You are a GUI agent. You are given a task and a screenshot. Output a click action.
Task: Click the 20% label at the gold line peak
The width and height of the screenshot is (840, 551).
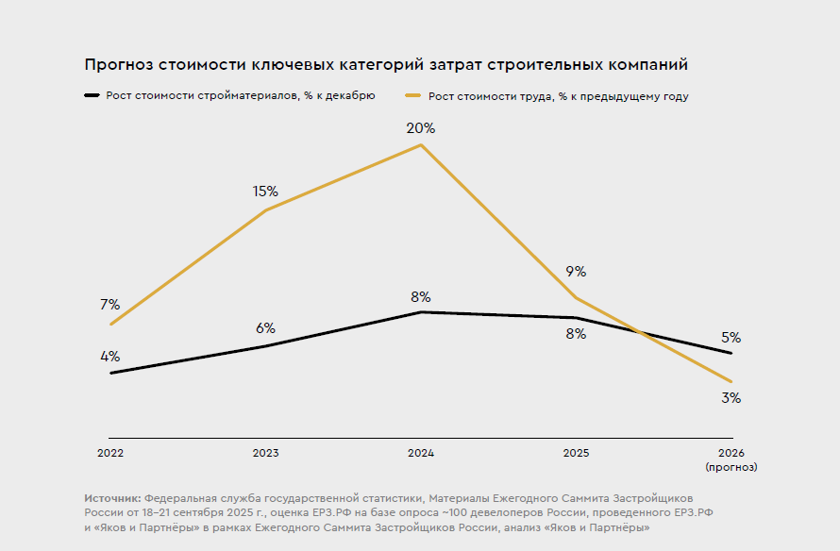(x=421, y=128)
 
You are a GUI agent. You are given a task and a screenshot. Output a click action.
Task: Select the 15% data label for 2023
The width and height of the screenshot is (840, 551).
(x=265, y=192)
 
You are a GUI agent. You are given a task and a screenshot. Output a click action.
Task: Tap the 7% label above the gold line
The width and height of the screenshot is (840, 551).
(x=109, y=305)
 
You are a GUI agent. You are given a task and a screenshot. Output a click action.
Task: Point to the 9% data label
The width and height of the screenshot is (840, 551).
(x=576, y=272)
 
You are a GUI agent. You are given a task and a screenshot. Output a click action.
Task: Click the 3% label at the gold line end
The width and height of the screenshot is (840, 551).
(x=731, y=398)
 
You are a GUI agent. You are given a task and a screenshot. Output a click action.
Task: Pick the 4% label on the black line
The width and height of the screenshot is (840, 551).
(x=109, y=357)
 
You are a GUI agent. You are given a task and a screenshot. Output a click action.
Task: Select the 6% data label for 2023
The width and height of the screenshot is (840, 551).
(x=265, y=328)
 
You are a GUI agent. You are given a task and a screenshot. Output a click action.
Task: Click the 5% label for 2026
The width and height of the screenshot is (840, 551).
(x=731, y=338)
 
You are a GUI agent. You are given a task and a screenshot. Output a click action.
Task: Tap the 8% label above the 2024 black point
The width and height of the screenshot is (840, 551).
(x=421, y=296)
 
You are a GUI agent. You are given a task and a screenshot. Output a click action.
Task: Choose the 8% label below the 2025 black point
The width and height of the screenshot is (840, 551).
(x=576, y=334)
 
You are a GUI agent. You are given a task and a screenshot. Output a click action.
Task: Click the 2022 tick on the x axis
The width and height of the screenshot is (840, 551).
(x=110, y=453)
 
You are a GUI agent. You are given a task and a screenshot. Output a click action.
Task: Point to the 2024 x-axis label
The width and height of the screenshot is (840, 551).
(x=421, y=453)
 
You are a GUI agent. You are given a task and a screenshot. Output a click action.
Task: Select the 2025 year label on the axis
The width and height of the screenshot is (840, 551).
(x=576, y=453)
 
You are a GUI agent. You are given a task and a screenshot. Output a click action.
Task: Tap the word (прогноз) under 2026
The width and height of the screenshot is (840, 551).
(x=731, y=466)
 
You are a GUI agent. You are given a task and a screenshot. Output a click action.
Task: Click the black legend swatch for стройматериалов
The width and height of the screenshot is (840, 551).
(x=92, y=96)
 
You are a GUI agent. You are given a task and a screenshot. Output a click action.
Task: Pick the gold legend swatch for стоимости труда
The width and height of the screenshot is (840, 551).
(x=412, y=96)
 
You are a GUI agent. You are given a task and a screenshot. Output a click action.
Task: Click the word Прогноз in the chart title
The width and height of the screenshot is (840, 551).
(x=118, y=65)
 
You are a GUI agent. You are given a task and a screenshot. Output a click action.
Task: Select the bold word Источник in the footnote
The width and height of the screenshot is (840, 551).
(x=112, y=497)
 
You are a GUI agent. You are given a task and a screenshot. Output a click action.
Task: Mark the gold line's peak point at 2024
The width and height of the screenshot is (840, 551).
(x=421, y=144)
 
